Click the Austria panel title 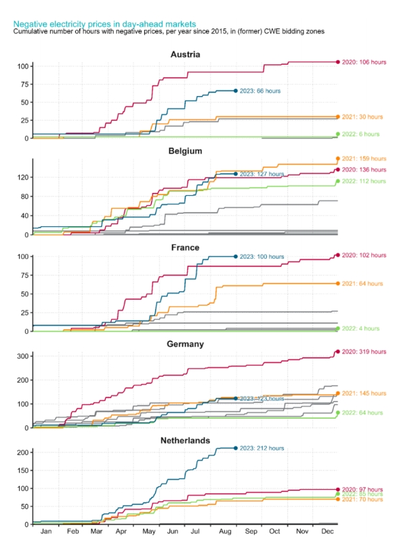pos(185,54)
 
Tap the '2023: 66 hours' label pos(260,91)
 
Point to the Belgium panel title pos(185,151)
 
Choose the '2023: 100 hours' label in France pos(262,257)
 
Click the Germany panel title pos(185,344)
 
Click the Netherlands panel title pos(185,440)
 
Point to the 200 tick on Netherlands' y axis pos(21,453)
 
